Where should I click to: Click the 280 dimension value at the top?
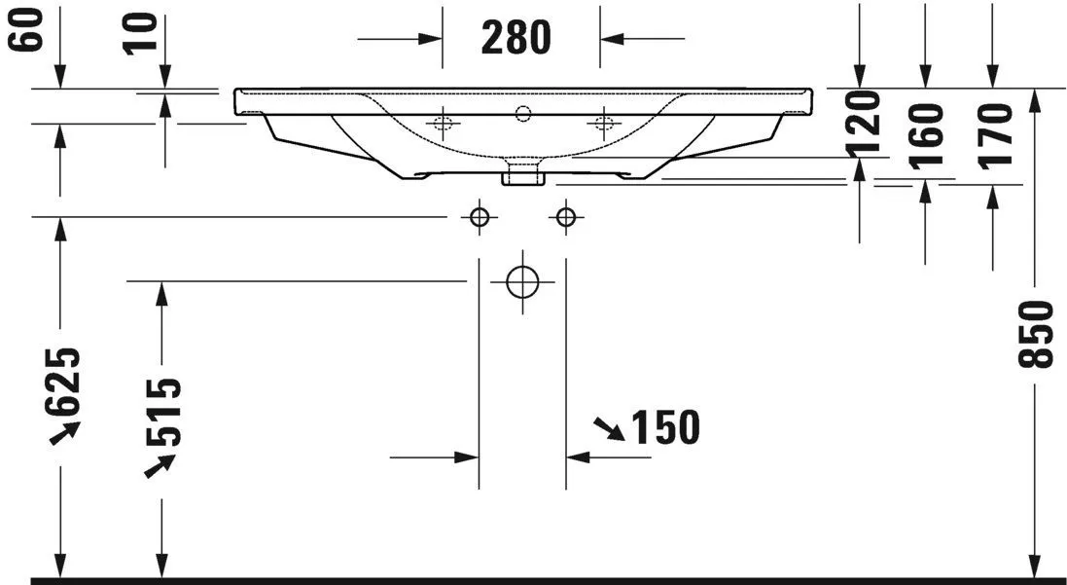coord(516,37)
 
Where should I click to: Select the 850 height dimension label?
coord(1037,334)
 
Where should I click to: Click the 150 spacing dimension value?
coord(666,426)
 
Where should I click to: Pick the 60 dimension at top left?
coord(30,28)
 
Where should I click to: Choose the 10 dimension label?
coord(141,31)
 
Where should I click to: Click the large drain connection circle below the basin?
coord(522,282)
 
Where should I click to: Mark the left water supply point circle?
coord(479,217)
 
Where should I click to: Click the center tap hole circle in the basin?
coord(523,114)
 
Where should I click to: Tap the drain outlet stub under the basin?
coord(521,175)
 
